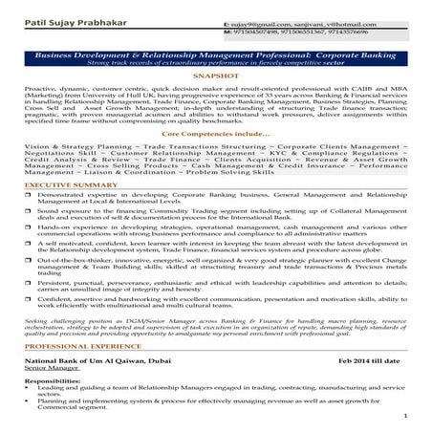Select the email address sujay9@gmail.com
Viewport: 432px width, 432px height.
coord(255,20)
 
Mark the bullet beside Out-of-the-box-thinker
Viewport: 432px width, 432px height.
coord(31,259)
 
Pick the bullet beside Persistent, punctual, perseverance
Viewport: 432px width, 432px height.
coord(31,282)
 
